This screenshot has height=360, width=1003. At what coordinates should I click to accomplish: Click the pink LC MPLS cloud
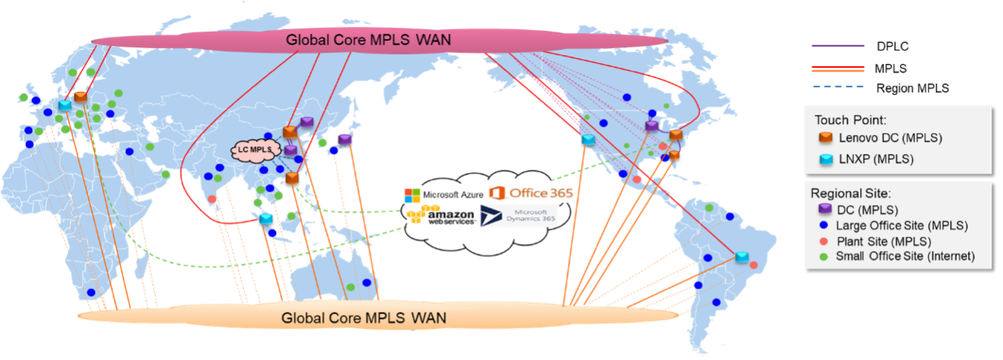pyautogui.click(x=255, y=150)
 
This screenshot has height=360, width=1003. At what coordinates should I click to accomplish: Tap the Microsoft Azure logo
pyautogui.click(x=443, y=195)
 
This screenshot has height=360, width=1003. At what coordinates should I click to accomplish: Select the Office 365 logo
pyautogui.click(x=531, y=193)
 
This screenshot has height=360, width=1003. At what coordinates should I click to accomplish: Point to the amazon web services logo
pyautogui.click(x=441, y=215)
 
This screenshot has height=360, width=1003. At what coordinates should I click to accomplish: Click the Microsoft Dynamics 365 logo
pyautogui.click(x=518, y=216)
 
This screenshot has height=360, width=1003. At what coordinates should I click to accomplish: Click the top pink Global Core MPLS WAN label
pyautogui.click(x=369, y=39)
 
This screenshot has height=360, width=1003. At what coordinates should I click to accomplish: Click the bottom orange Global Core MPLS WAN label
pyautogui.click(x=364, y=318)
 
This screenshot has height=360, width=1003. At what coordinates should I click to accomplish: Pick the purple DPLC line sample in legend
pyautogui.click(x=838, y=46)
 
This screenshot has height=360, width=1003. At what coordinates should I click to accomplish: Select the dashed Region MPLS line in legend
pyautogui.click(x=838, y=87)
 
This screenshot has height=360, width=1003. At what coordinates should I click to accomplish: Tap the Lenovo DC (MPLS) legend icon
pyautogui.click(x=825, y=137)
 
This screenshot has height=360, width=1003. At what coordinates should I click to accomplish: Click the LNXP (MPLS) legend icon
pyautogui.click(x=825, y=159)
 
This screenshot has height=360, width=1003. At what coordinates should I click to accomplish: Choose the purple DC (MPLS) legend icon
pyautogui.click(x=825, y=208)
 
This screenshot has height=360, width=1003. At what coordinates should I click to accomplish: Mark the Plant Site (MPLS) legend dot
pyautogui.click(x=823, y=242)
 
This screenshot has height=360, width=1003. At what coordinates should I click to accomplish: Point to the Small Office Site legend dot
pyautogui.click(x=823, y=257)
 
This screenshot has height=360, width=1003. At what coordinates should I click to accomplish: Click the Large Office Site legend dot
pyautogui.click(x=823, y=225)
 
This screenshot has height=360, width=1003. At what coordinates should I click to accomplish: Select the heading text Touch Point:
pyautogui.click(x=851, y=120)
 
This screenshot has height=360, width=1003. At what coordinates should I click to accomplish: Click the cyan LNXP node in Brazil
pyautogui.click(x=742, y=257)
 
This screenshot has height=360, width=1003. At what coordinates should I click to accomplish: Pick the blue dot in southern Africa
pyautogui.click(x=91, y=292)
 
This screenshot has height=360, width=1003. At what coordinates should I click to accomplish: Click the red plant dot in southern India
pyautogui.click(x=212, y=199)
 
